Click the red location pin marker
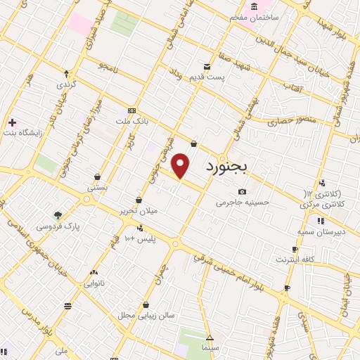(181, 165)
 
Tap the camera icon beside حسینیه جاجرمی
(243, 192)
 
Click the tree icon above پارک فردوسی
(58, 215)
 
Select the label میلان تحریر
(139, 210)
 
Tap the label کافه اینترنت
(292, 259)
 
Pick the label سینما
(210, 348)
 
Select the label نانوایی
(94, 283)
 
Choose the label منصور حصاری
(289, 122)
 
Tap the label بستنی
(97, 188)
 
